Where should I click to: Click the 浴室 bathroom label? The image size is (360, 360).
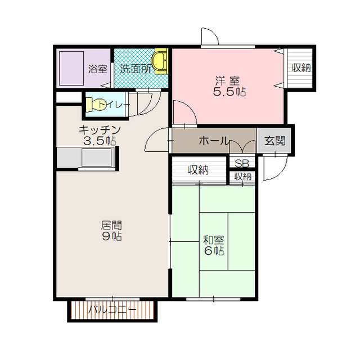coord(98,69)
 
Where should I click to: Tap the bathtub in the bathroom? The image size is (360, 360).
coord(71,68)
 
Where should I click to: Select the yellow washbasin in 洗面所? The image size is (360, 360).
coord(161,61)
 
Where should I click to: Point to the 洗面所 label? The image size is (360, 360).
coord(136,69)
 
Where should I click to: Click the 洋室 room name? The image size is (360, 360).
coord(227,81)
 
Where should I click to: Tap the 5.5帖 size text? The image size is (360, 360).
coord(229,92)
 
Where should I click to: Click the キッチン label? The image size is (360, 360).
coord(100,130)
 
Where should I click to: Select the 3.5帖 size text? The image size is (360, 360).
coord(100,141)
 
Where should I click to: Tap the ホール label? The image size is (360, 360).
coord(214,141)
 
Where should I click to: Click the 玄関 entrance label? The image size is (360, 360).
coord(275,141)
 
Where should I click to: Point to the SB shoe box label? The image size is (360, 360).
coord(242,164)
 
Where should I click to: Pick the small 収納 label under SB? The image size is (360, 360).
coord(242,177)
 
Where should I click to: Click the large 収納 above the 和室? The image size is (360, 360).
coord(198,170)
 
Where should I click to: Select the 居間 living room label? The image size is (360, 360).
coord(111,226)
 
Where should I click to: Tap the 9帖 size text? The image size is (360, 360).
coord(112,236)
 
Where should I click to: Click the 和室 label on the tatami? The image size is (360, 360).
coord(214,240)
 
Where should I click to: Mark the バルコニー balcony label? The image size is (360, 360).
coord(112,310)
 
